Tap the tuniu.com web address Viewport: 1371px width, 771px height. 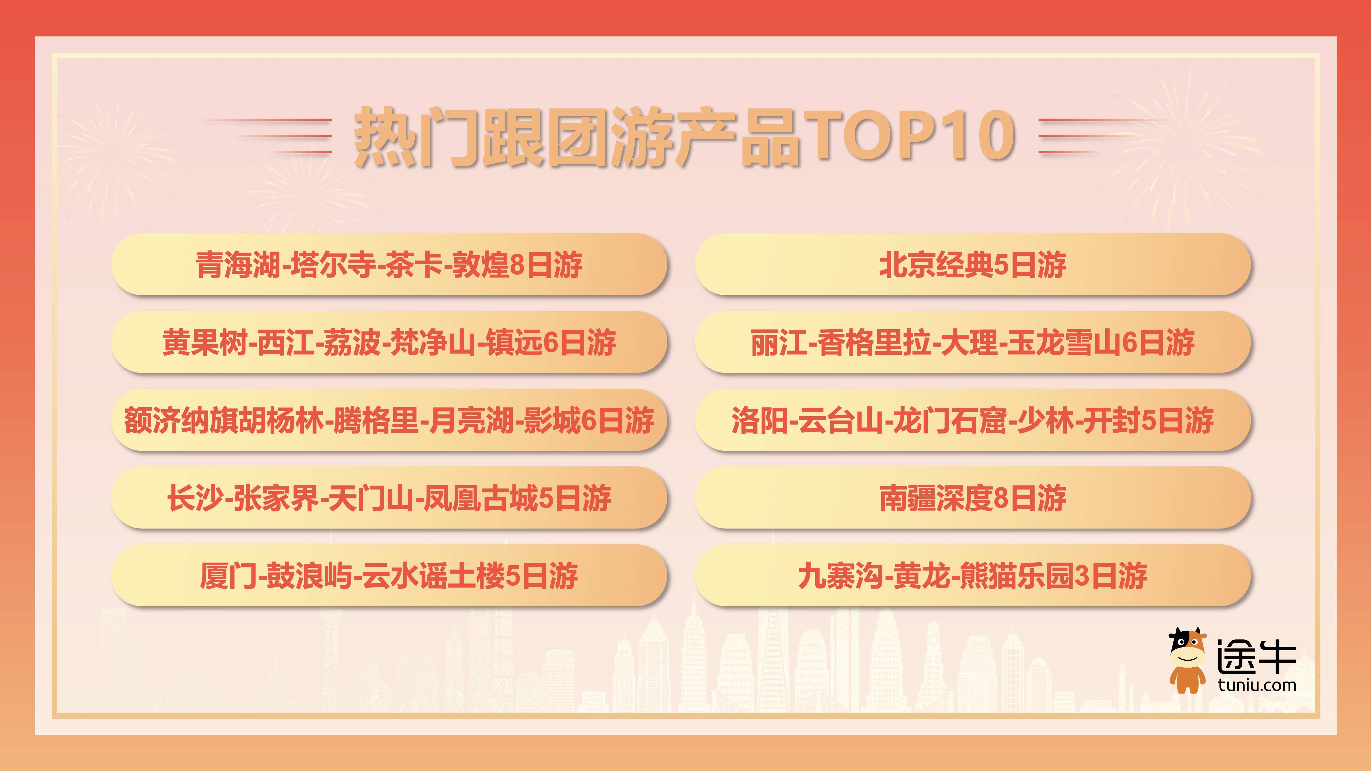[x=1257, y=685]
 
